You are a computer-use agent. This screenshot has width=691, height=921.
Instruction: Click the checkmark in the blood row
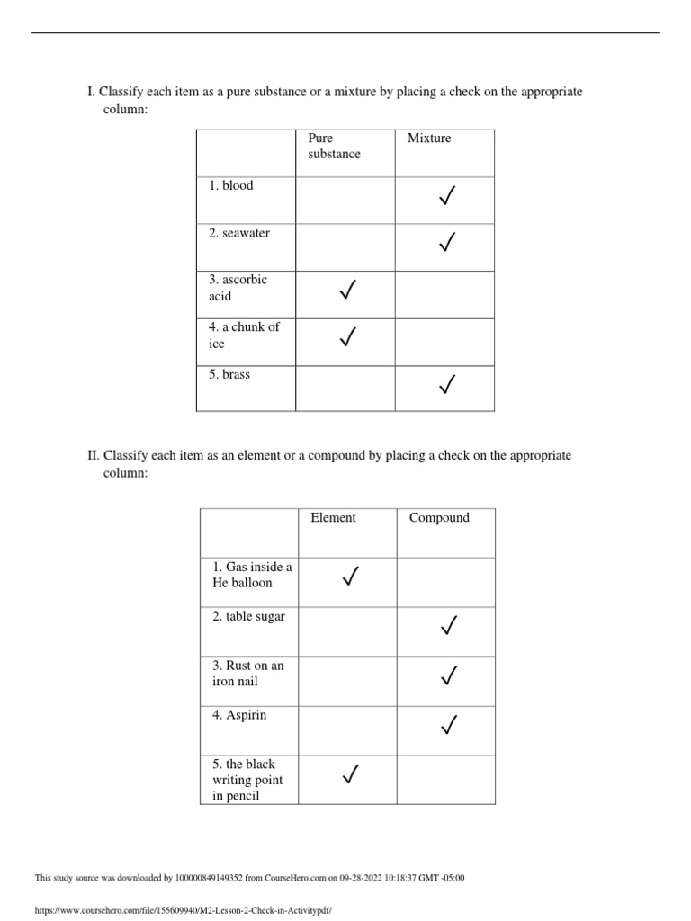click(x=445, y=194)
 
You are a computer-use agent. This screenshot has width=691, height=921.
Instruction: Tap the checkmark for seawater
click(x=445, y=242)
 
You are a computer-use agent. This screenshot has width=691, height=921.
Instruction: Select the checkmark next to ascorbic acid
click(x=347, y=290)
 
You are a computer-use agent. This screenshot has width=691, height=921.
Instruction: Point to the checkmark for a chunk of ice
click(x=347, y=337)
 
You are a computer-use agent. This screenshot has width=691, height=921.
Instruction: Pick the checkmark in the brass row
click(x=445, y=385)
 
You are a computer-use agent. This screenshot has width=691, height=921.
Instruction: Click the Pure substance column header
click(x=334, y=146)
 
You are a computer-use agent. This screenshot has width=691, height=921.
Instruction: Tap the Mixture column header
click(x=429, y=138)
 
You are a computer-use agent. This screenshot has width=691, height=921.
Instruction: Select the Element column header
click(x=333, y=517)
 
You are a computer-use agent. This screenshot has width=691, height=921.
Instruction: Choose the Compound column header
click(x=439, y=517)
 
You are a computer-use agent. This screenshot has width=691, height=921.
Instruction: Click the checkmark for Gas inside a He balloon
click(x=351, y=576)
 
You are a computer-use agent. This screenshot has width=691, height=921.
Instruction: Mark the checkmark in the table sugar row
click(x=448, y=624)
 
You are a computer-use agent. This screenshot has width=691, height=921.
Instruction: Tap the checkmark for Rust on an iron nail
click(x=448, y=675)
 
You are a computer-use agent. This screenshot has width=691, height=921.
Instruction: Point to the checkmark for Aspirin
click(x=448, y=724)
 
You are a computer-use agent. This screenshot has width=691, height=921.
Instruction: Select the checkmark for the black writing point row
click(x=351, y=773)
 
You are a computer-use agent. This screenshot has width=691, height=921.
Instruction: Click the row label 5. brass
click(x=229, y=374)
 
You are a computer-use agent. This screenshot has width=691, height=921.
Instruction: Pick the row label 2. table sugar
click(x=248, y=616)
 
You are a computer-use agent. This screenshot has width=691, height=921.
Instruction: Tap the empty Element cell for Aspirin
click(x=346, y=730)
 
